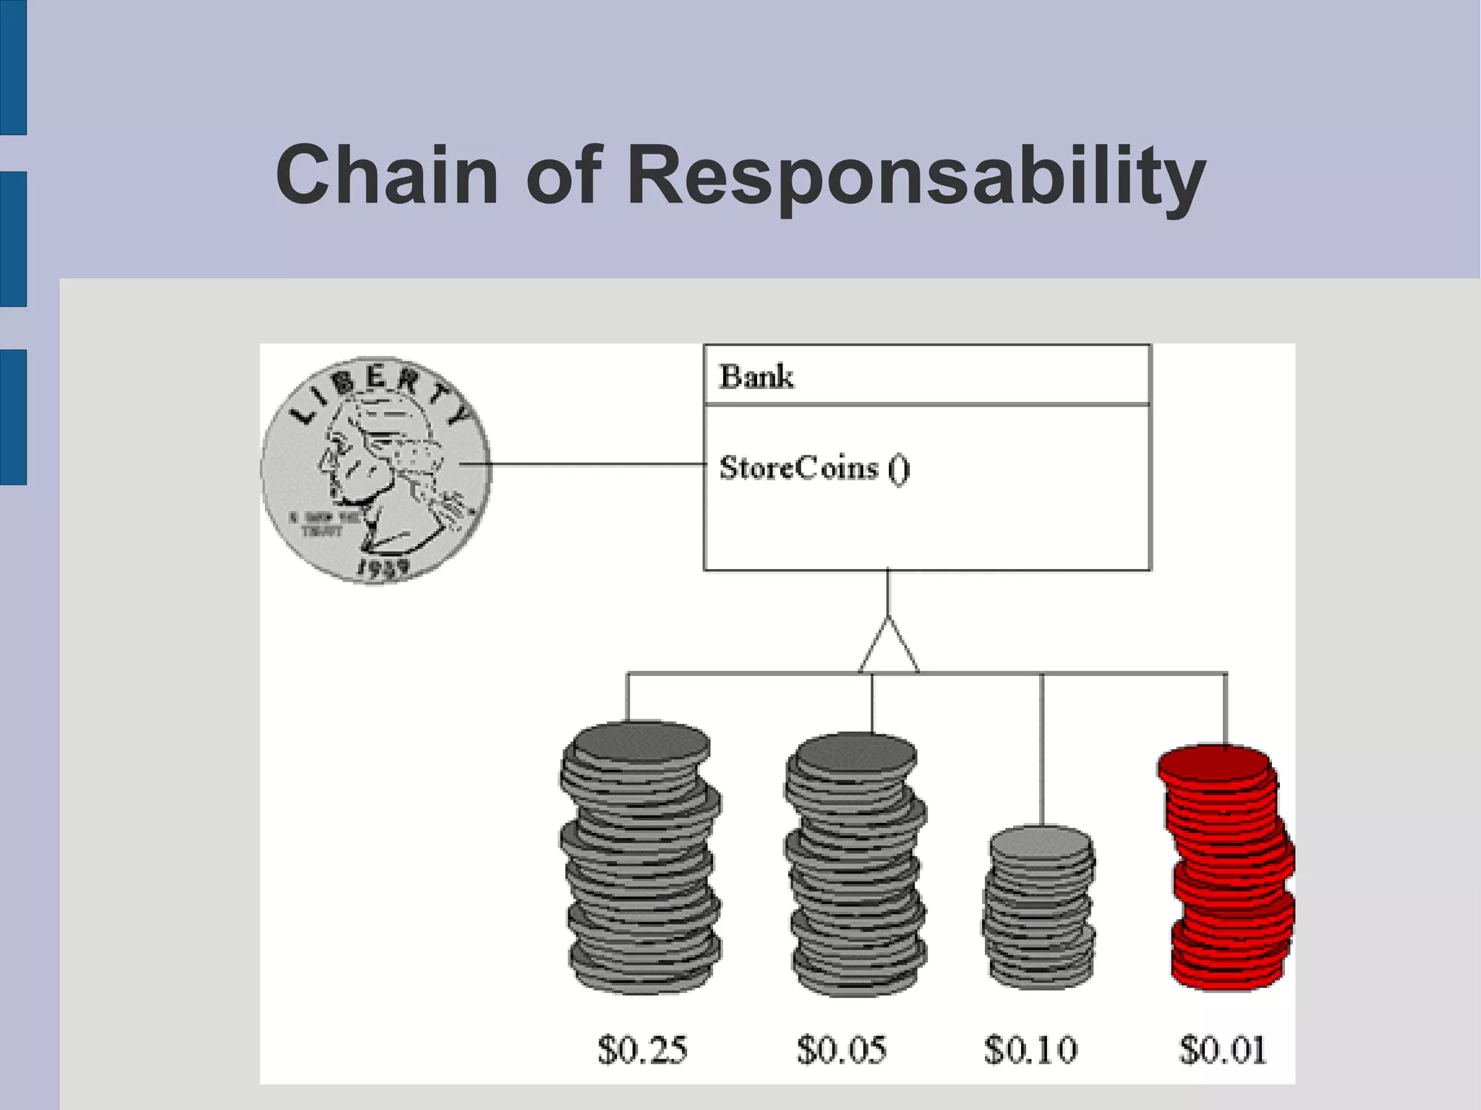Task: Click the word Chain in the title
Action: click(x=387, y=175)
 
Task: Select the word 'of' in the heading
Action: click(x=563, y=175)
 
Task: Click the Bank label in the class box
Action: click(x=756, y=377)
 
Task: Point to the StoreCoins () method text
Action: click(x=814, y=469)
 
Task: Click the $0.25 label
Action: click(x=642, y=1049)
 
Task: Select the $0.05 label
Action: click(x=841, y=1049)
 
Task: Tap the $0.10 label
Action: click(x=1030, y=1049)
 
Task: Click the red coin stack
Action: click(x=1229, y=868)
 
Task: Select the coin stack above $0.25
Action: click(x=640, y=857)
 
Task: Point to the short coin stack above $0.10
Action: click(x=1039, y=908)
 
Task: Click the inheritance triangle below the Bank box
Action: click(x=889, y=647)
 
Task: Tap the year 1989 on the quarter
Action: click(x=383, y=568)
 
